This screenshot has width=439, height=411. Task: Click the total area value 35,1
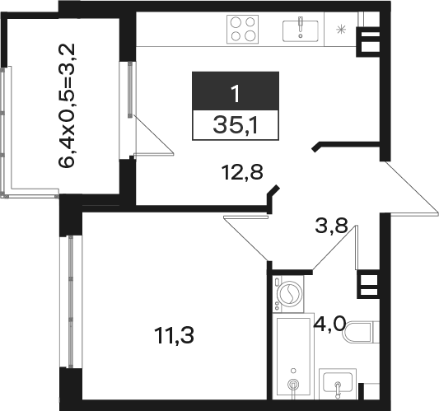(235, 125)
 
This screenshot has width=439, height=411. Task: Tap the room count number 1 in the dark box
(236, 94)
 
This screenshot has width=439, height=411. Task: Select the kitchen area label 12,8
(242, 172)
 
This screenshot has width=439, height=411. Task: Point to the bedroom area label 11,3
(174, 335)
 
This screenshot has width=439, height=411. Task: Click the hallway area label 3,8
(331, 226)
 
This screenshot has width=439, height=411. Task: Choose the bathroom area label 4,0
(329, 324)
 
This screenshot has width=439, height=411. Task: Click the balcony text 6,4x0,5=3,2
(67, 105)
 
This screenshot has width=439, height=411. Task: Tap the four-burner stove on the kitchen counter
(242, 30)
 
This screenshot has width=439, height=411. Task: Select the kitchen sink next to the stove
(301, 30)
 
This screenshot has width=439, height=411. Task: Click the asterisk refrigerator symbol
(341, 30)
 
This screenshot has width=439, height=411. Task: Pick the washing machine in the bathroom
(288, 294)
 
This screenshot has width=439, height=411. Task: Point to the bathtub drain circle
(293, 384)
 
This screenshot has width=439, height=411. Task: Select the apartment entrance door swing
(409, 188)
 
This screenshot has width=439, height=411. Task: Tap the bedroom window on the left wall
(71, 301)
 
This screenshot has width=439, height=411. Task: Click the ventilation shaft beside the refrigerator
(368, 42)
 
